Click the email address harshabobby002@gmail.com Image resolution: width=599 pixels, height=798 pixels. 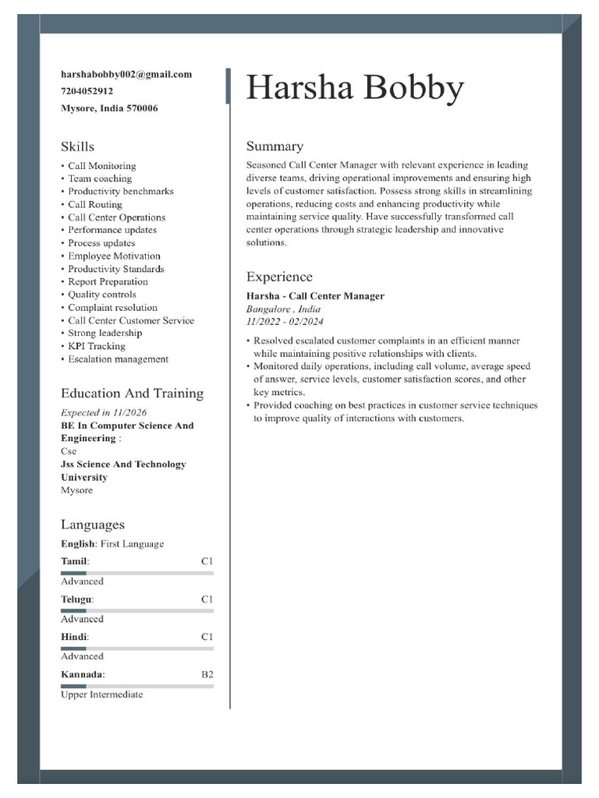(x=126, y=74)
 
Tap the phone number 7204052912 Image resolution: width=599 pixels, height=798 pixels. (x=87, y=91)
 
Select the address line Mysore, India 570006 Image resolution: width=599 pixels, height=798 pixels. (x=109, y=108)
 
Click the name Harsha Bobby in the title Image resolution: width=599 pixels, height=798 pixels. (x=355, y=88)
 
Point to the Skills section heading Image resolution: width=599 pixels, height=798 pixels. (x=77, y=147)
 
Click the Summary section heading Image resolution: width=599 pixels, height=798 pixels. (x=275, y=147)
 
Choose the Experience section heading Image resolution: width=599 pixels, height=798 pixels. (x=279, y=277)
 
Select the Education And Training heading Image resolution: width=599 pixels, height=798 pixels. (x=132, y=394)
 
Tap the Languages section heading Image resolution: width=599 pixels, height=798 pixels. (x=92, y=524)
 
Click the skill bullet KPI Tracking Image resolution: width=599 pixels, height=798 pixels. (x=96, y=346)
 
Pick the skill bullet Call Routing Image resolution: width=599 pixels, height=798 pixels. (x=94, y=204)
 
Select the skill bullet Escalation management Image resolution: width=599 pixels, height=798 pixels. (x=117, y=359)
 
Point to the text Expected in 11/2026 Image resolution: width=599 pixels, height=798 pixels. (x=104, y=412)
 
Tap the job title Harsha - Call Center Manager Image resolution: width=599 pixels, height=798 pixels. (x=315, y=296)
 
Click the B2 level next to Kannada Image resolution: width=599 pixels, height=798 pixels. (x=207, y=674)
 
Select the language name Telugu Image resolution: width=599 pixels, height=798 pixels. (x=76, y=599)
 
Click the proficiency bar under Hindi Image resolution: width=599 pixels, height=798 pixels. (x=136, y=648)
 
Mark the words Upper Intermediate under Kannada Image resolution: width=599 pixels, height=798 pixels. (x=101, y=694)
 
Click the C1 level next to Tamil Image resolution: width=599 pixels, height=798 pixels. (x=207, y=561)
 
